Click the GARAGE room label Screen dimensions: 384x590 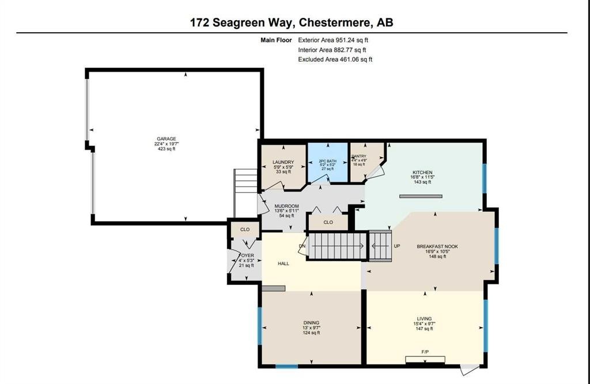click(x=166, y=139)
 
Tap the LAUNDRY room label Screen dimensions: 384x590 click(x=283, y=162)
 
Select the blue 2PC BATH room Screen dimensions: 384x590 click(x=327, y=162)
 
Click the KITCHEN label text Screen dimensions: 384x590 click(x=422, y=173)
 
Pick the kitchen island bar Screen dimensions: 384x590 click(x=421, y=197)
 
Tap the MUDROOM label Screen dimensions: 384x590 click(x=286, y=206)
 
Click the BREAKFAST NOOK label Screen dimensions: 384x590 click(x=437, y=246)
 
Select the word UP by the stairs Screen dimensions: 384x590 click(x=396, y=246)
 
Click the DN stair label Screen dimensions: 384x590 click(x=301, y=247)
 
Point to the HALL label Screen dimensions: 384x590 click(x=283, y=264)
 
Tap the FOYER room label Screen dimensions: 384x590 click(x=246, y=255)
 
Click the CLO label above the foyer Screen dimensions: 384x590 click(x=245, y=229)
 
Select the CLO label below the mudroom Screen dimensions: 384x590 click(x=328, y=222)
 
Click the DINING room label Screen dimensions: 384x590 click(x=311, y=323)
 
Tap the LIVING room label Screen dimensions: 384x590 click(x=424, y=318)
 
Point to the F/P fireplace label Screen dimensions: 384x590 click(x=425, y=351)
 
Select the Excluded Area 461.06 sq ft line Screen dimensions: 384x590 click(x=335, y=59)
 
